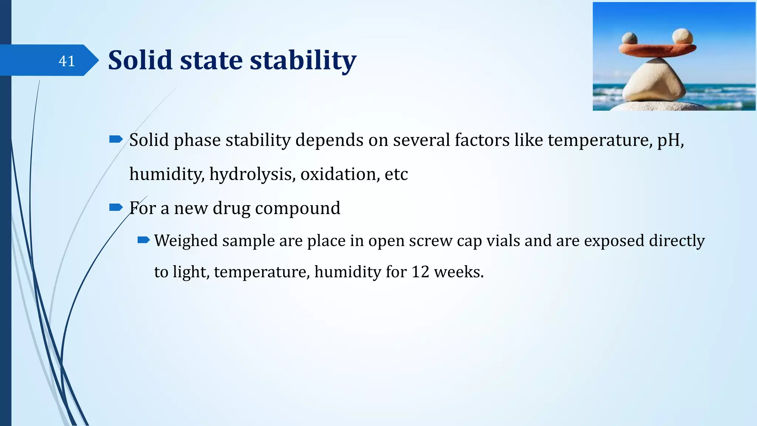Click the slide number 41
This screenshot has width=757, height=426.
[67, 61]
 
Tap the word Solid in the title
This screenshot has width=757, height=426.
[140, 60]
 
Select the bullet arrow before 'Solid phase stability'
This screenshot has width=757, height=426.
[116, 139]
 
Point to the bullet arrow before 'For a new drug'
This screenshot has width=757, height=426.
[116, 207]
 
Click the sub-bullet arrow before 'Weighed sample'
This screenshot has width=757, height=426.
[143, 240]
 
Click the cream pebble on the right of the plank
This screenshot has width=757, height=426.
[682, 37]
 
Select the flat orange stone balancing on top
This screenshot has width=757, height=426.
[657, 50]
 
